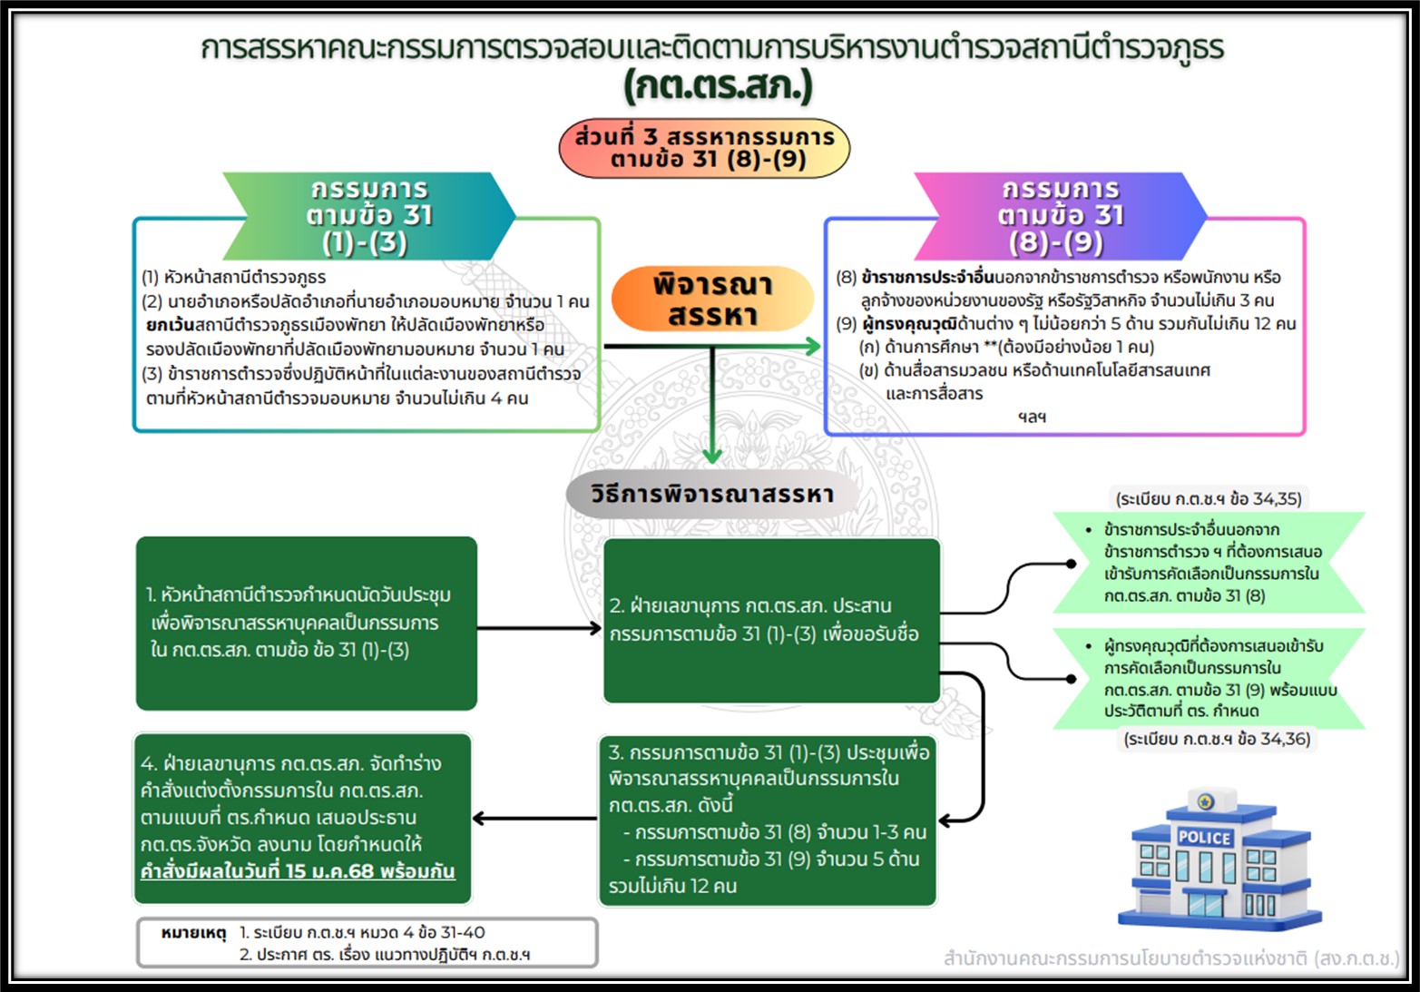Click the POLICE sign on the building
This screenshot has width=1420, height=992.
pyautogui.click(x=1204, y=837)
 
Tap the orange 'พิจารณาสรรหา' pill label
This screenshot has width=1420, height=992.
pyautogui.click(x=712, y=299)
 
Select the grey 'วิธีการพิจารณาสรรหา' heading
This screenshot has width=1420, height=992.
pyautogui.click(x=712, y=495)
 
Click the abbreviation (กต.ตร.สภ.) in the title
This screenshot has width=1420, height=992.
pyautogui.click(x=718, y=87)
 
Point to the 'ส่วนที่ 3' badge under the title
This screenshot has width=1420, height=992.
pyautogui.click(x=704, y=149)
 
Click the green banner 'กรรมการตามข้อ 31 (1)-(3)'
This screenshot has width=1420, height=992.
pyautogui.click(x=369, y=216)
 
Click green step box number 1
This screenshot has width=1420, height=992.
pyautogui.click(x=307, y=623)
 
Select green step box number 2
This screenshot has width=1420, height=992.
pyautogui.click(x=770, y=620)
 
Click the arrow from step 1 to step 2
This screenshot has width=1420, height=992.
pyautogui.click(x=539, y=628)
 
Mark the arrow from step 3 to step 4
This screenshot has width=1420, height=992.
pyautogui.click(x=534, y=819)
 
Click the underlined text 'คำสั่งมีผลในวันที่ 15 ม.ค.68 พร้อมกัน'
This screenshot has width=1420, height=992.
pyautogui.click(x=298, y=871)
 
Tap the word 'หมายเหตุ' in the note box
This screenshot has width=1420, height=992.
pyautogui.click(x=192, y=933)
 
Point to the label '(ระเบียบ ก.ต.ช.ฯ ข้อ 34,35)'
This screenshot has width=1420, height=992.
pyautogui.click(x=1208, y=499)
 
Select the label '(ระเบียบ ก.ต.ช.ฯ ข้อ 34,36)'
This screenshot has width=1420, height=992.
pyautogui.click(x=1216, y=740)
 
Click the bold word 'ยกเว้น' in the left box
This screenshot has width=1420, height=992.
pyautogui.click(x=170, y=325)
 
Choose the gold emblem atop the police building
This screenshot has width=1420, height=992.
pyautogui.click(x=1205, y=801)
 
